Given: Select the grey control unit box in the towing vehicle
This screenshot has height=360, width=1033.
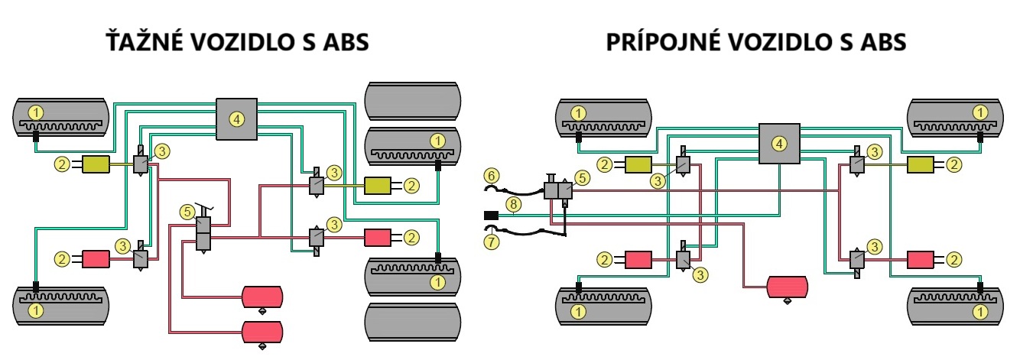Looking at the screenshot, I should [x=237, y=119].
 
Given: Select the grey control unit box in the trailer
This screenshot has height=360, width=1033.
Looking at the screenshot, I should [x=778, y=143].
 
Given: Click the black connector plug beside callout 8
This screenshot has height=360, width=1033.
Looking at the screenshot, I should [x=491, y=216].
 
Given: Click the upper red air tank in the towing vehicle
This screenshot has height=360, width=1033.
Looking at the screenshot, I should [x=262, y=296].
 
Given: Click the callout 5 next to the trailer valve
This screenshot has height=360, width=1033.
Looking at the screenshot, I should [x=583, y=177].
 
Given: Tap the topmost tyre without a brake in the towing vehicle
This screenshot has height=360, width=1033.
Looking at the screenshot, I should [x=413, y=99].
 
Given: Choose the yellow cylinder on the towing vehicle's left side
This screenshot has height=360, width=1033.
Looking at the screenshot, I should [x=97, y=164].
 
